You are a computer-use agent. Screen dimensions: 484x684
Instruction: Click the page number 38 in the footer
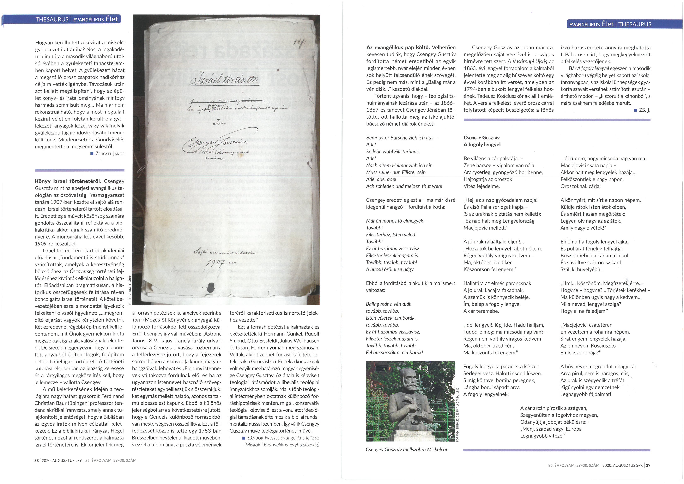(37, 460)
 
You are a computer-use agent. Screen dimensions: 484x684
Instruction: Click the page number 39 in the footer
(648, 465)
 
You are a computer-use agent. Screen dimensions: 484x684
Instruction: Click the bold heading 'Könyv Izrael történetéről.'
(68, 181)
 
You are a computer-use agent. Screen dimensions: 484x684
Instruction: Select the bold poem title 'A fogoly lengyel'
(482, 145)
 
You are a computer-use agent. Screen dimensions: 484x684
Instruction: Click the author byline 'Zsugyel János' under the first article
(110, 154)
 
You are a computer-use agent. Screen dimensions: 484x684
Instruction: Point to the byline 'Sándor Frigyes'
(263, 438)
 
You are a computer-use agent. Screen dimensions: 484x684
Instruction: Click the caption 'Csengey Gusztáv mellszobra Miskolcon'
(407, 449)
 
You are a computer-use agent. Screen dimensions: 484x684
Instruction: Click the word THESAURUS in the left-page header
(52, 20)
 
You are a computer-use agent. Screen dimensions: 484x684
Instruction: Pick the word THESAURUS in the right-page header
(635, 24)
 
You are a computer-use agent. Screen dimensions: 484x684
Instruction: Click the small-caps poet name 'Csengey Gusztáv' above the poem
(482, 138)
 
